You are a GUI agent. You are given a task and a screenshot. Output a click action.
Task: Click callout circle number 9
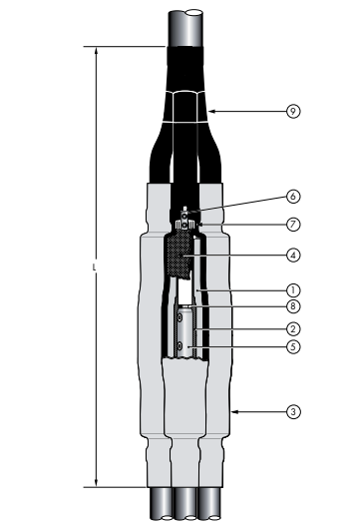293,111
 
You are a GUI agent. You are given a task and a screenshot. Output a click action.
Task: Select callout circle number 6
293,196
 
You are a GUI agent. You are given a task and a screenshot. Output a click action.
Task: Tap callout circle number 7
293,225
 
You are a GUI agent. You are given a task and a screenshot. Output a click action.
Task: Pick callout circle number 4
293,255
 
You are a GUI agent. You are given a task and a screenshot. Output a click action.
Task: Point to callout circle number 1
293,290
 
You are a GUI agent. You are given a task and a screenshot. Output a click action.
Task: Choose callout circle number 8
293,306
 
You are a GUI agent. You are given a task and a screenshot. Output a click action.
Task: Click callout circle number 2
293,329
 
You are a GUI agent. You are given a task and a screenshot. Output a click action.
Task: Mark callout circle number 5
293,346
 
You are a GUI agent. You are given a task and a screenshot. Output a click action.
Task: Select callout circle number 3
293,412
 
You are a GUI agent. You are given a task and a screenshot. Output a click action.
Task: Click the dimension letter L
95,267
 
